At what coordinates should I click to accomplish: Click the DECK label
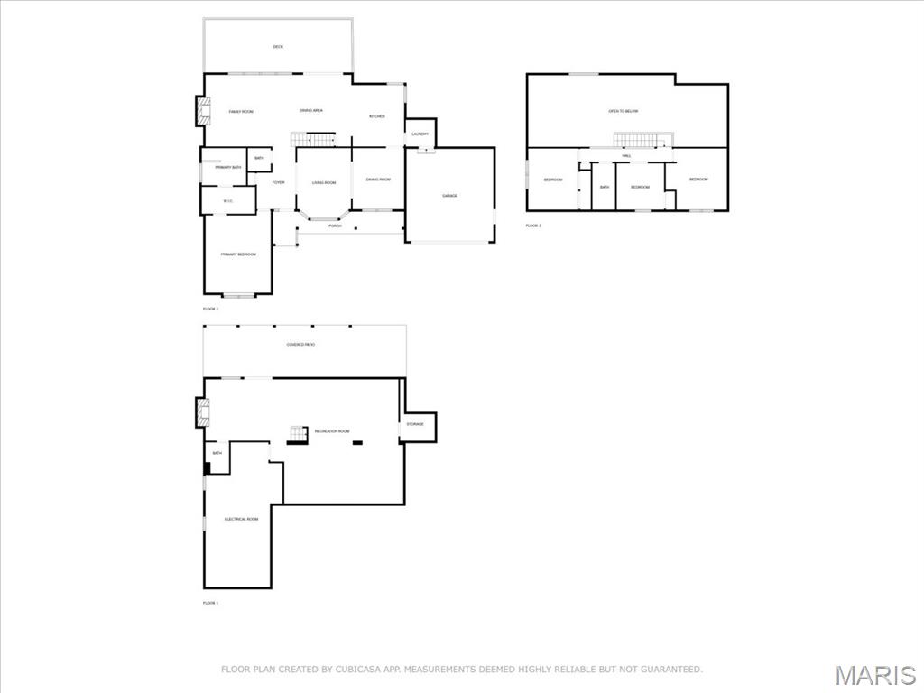click(x=278, y=47)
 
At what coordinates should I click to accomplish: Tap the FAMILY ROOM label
click(x=241, y=112)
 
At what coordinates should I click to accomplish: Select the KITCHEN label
click(x=377, y=116)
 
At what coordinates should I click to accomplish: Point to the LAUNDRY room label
click(x=420, y=134)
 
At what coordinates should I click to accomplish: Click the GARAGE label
click(x=449, y=196)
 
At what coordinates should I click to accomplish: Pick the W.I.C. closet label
click(x=228, y=200)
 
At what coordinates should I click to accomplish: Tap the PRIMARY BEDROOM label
click(x=238, y=254)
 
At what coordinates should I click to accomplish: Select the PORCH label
click(x=335, y=226)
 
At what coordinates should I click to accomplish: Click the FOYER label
click(x=278, y=182)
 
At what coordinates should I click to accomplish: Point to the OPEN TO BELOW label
click(x=624, y=111)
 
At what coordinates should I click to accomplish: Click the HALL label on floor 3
click(x=626, y=156)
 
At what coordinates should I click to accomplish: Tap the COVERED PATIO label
click(x=300, y=345)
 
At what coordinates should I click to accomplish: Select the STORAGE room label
click(x=415, y=424)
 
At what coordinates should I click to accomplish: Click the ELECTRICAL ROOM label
click(x=241, y=519)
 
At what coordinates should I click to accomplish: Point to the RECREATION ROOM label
click(x=332, y=431)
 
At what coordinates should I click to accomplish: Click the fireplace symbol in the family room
click(x=201, y=111)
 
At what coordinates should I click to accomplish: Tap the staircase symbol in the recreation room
click(x=297, y=434)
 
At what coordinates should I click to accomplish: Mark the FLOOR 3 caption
click(x=534, y=226)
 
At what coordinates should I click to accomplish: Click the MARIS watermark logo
click(x=874, y=675)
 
